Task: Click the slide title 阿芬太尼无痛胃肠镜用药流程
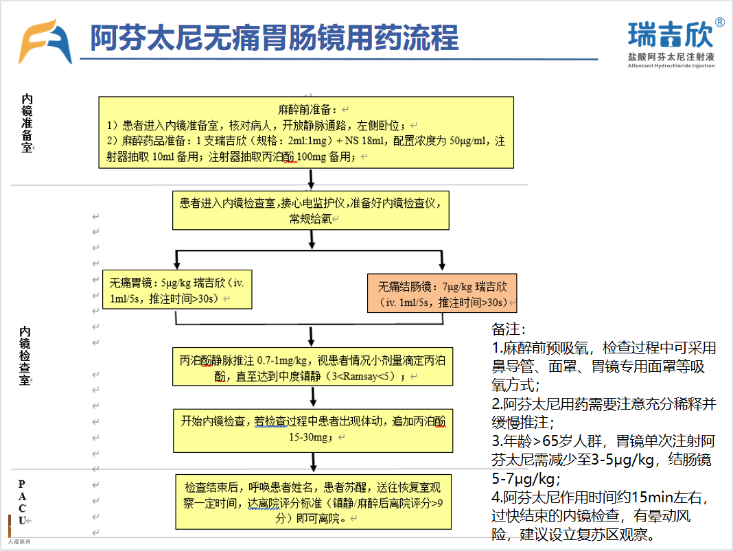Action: pyautogui.click(x=274, y=38)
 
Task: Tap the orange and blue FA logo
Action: pyautogui.click(x=45, y=42)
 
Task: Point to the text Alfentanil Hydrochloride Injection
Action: pyautogui.click(x=671, y=66)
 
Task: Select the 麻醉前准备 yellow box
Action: pyautogui.click(x=306, y=133)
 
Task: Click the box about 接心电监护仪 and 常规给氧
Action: pyautogui.click(x=311, y=209)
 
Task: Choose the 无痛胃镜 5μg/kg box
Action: pyautogui.click(x=177, y=290)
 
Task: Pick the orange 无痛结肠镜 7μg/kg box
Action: pyautogui.click(x=442, y=293)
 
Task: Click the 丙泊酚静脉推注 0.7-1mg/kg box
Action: pyautogui.click(x=313, y=366)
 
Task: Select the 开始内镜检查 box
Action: pyautogui.click(x=313, y=430)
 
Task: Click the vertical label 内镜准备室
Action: pyautogui.click(x=27, y=124)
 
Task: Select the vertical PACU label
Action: pyautogui.click(x=23, y=502)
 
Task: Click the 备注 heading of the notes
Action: pyautogui.click(x=509, y=330)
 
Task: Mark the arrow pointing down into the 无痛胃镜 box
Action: pyautogui.click(x=177, y=262)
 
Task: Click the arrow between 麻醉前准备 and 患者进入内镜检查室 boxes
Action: pyautogui.click(x=312, y=179)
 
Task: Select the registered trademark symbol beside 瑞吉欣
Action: pyautogui.click(x=719, y=22)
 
